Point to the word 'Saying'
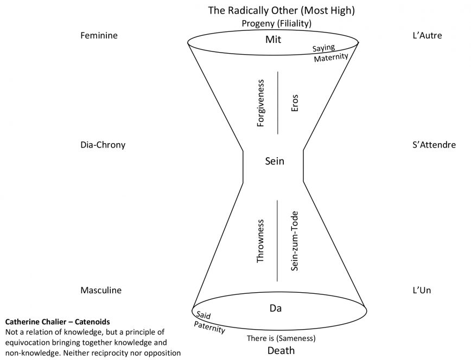tap(323, 47)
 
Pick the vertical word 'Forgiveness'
tap(261, 104)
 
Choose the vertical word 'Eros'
tap(295, 104)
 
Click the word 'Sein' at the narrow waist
tap(275, 161)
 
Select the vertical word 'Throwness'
tap(260, 241)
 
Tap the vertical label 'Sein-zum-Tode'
tap(295, 240)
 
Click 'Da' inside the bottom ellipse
tap(275, 308)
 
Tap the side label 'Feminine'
tap(99, 36)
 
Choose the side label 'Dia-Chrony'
tap(103, 145)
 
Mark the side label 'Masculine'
tap(101, 290)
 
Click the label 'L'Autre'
tap(427, 36)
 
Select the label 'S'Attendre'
tap(434, 145)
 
